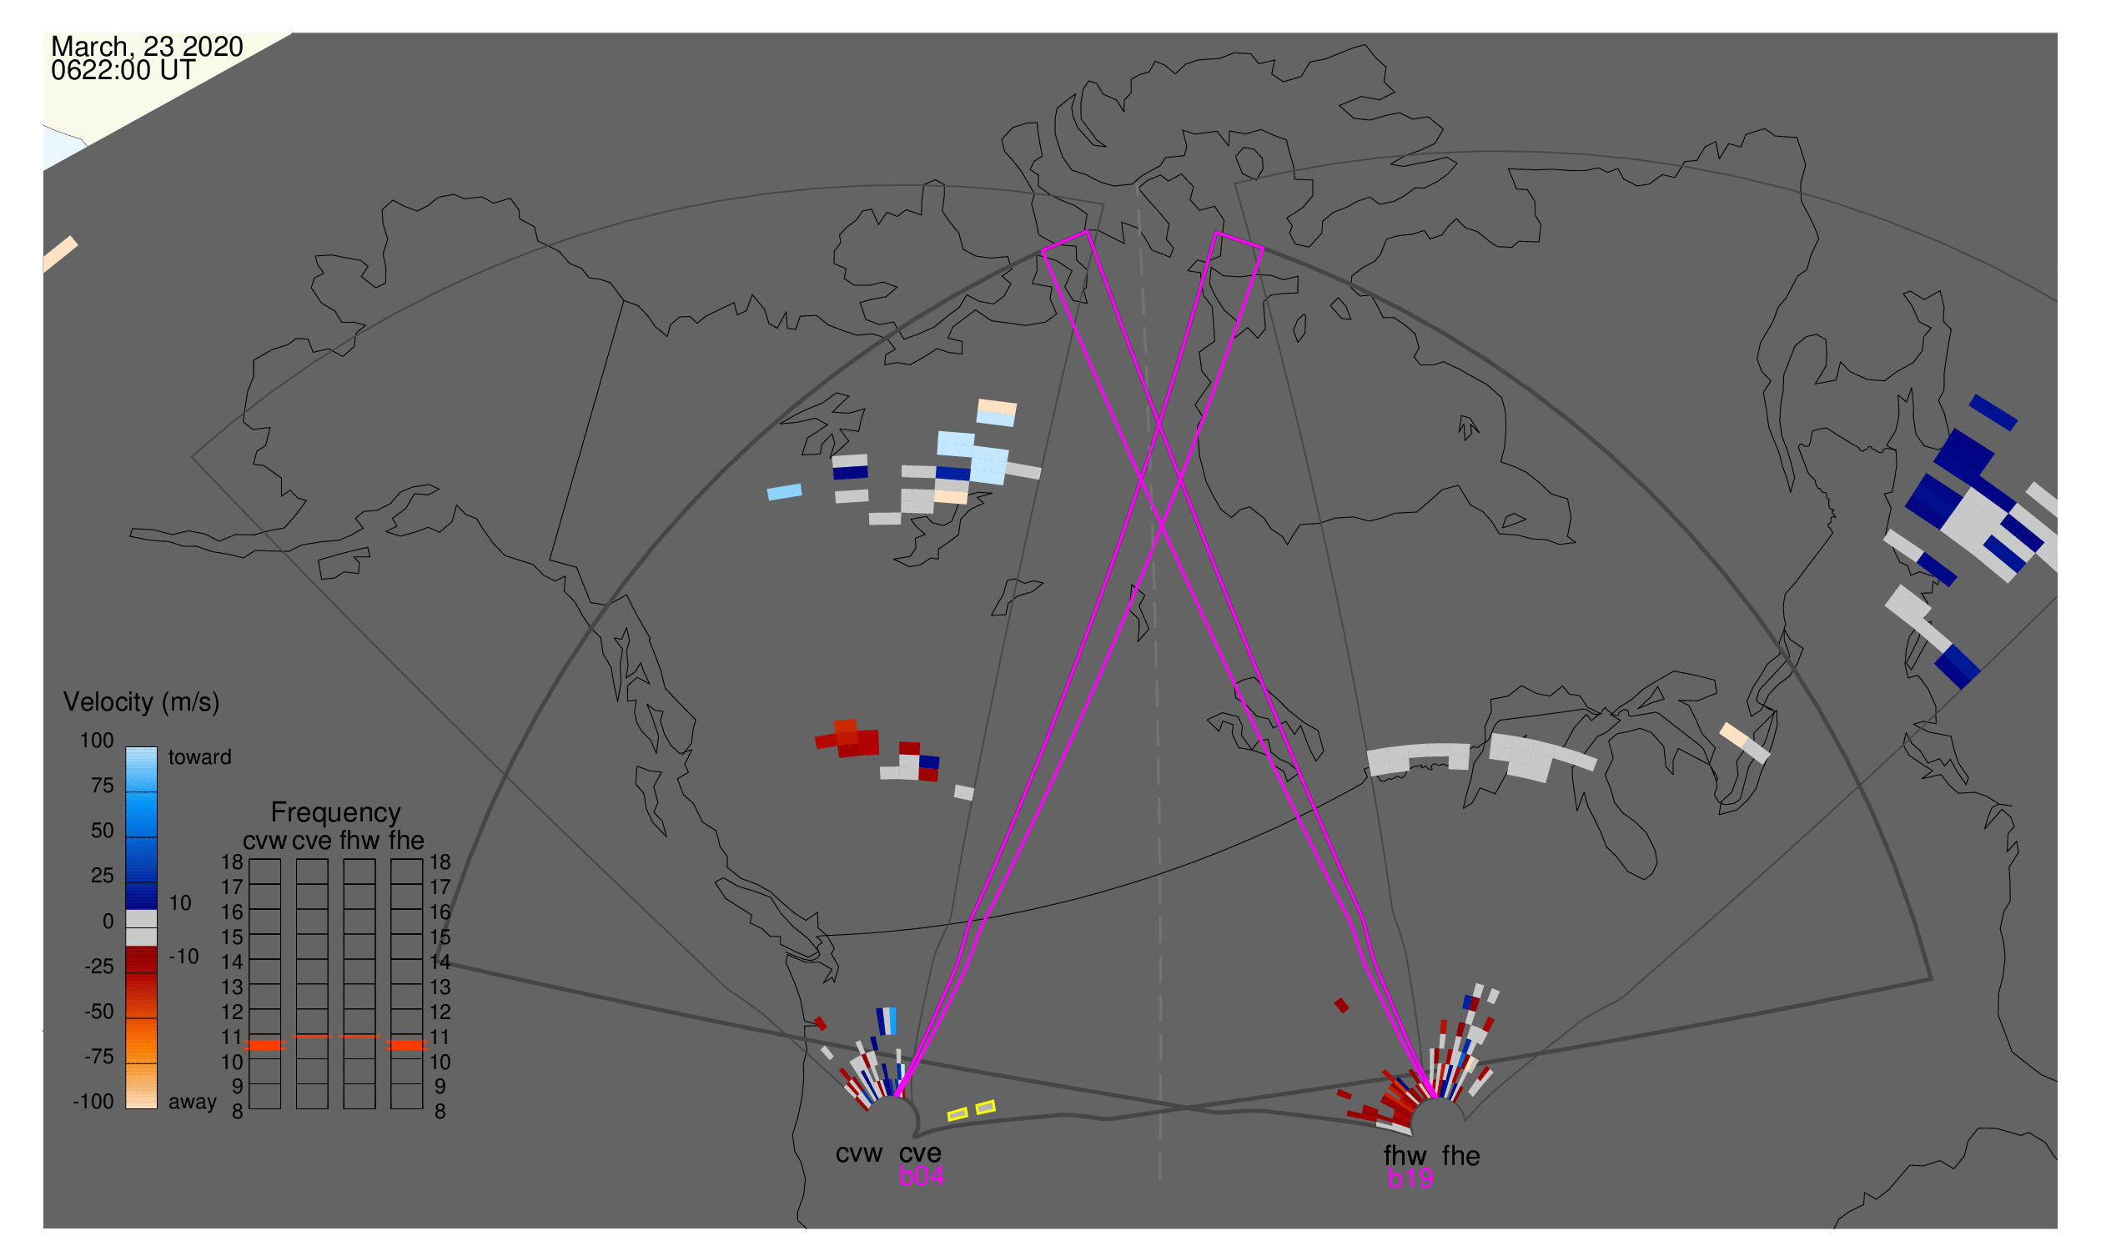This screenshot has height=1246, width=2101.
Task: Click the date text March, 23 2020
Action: [x=147, y=46]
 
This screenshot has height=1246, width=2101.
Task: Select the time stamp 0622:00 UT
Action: [x=123, y=71]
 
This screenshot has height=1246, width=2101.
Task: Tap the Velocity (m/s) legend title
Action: [x=142, y=702]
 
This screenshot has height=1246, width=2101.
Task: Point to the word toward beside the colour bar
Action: [x=200, y=757]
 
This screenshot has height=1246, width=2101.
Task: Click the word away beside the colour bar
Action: [x=193, y=1103]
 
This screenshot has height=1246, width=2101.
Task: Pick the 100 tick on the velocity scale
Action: [x=97, y=741]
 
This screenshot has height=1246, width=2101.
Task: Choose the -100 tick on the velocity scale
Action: [x=93, y=1102]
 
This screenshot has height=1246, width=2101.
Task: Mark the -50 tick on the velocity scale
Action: [x=99, y=1012]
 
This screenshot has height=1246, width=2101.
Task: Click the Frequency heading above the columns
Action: [x=336, y=813]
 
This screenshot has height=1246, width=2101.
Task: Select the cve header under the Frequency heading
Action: [x=312, y=842]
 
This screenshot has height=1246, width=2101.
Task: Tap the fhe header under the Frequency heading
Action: [x=406, y=842]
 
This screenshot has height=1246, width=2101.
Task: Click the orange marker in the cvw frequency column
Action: [x=265, y=1045]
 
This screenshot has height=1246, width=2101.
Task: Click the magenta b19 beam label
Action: [x=1410, y=1179]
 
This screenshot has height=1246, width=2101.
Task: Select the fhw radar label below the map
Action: [x=1405, y=1156]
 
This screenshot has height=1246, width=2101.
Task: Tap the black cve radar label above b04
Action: [x=920, y=1153]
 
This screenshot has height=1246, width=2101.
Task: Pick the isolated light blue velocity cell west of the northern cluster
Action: [x=784, y=492]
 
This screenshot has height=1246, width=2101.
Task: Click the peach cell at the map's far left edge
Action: [x=59, y=254]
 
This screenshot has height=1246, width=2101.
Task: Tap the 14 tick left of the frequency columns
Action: [x=233, y=962]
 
